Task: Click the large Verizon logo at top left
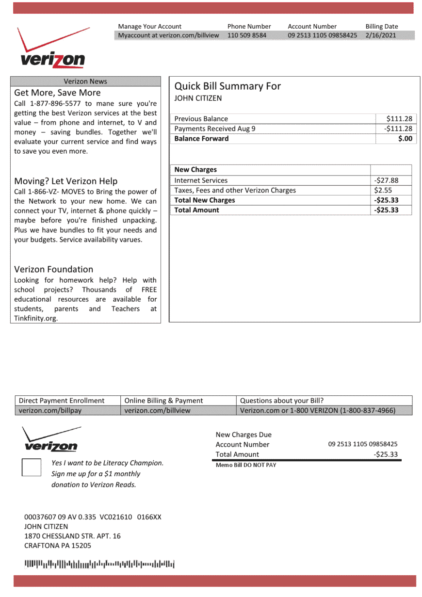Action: (52, 48)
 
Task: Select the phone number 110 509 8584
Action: (246, 35)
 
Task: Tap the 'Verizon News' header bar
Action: (85, 81)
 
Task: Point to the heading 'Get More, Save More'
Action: (57, 93)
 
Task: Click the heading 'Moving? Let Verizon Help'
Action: (65, 181)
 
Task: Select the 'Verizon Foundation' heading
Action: (53, 269)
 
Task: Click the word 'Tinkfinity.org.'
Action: (36, 319)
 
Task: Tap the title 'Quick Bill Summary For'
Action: (227, 86)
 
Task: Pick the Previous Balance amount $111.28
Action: (399, 119)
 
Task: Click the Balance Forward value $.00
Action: (405, 139)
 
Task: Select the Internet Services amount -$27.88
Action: (386, 180)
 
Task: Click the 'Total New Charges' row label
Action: (204, 200)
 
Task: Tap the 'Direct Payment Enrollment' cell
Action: (62, 401)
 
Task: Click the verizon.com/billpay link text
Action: (50, 411)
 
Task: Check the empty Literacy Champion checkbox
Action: (32, 467)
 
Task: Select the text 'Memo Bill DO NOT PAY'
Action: (245, 465)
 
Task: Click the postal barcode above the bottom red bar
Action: (99, 564)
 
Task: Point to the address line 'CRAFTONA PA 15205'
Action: (57, 546)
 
